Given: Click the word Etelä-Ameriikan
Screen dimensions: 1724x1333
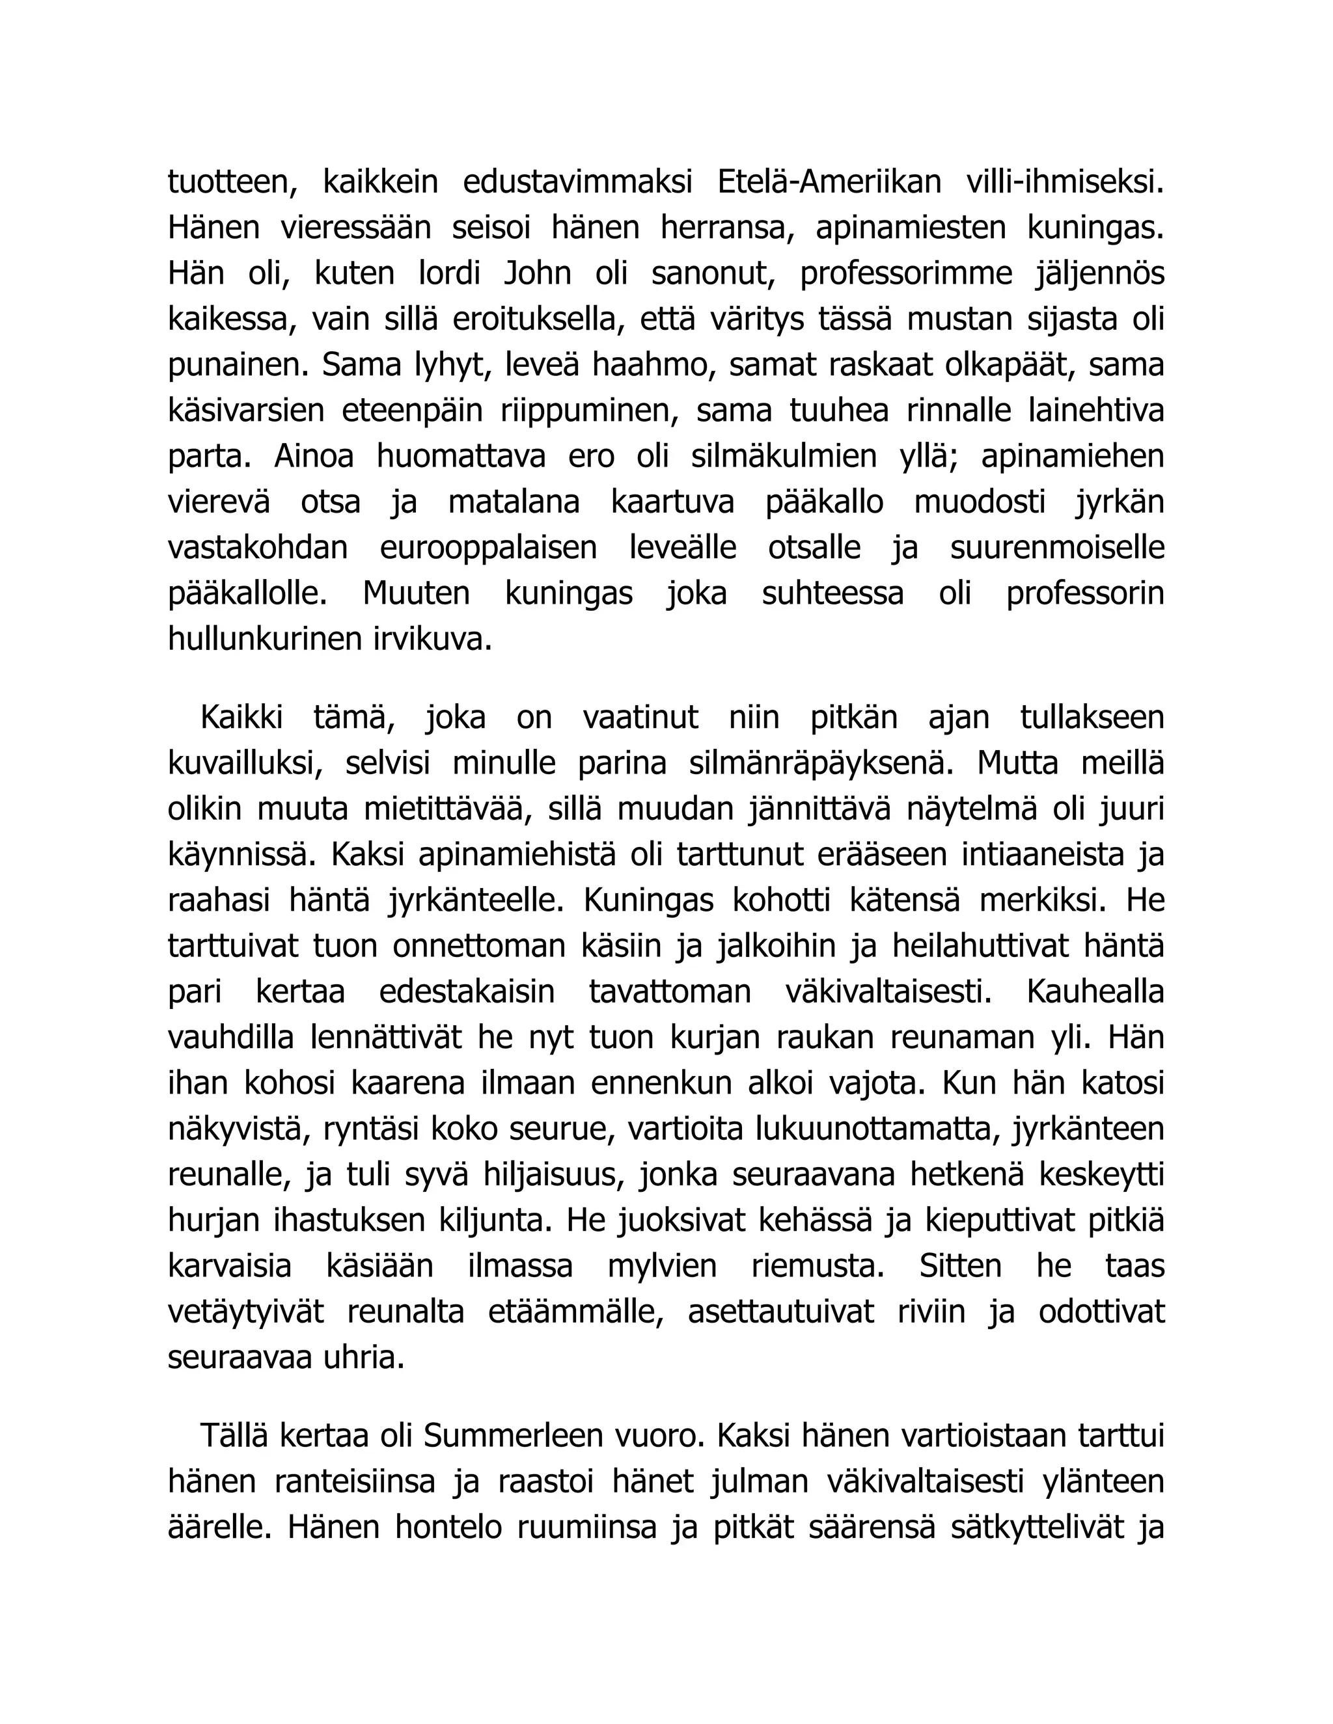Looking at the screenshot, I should pos(829,182).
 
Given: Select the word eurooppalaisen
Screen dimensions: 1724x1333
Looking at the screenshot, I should pos(489,548).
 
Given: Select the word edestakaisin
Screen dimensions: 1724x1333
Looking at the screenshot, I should pos(467,992).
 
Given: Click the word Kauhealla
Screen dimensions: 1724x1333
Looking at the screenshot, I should pos(1095,992).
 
